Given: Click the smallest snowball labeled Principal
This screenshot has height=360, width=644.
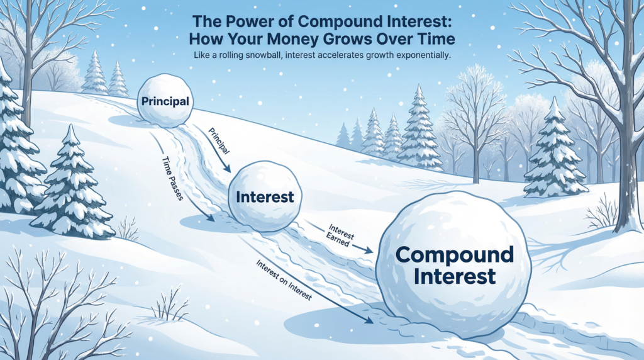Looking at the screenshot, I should coord(165,100).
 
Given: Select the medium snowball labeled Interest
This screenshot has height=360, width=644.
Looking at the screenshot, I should coord(264,196).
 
